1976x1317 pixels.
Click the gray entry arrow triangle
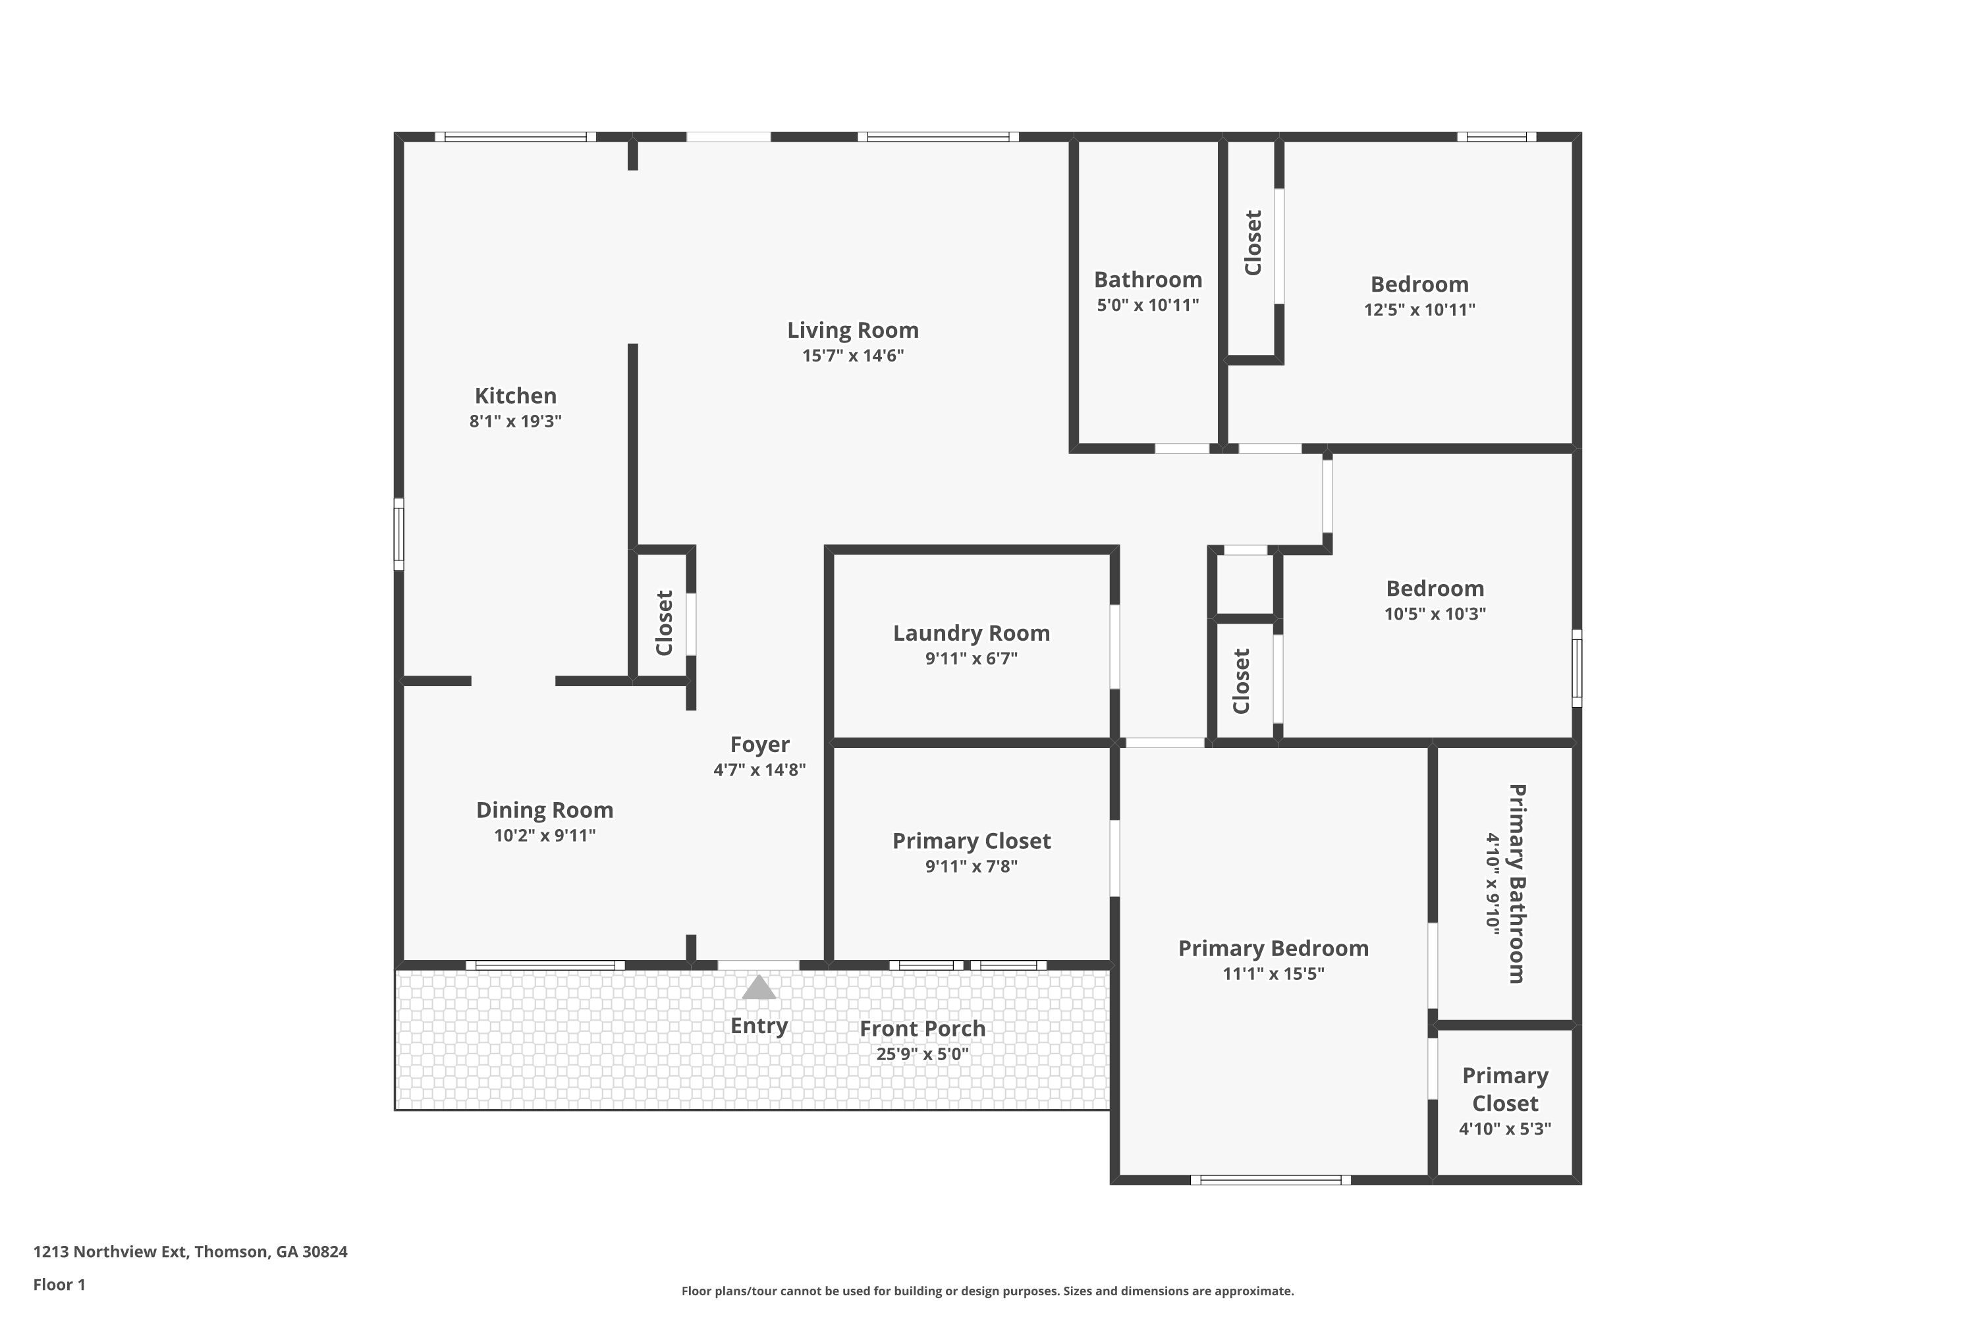click(x=759, y=987)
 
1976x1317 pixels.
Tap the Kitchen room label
click(x=515, y=396)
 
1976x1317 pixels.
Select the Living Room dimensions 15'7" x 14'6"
click(x=853, y=356)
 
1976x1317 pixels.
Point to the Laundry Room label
click(x=971, y=633)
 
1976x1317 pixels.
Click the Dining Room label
click(x=545, y=811)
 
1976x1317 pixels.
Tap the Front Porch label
click(x=923, y=1028)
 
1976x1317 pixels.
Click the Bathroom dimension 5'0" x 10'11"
click(x=1147, y=305)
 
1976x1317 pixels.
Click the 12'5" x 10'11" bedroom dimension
click(x=1419, y=310)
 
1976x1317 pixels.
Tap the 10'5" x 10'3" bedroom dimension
click(x=1435, y=614)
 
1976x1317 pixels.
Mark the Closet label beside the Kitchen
click(x=664, y=623)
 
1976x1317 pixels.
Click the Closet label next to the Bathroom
click(x=1253, y=243)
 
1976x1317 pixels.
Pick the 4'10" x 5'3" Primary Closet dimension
click(x=1504, y=1129)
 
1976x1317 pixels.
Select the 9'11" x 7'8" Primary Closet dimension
click(x=971, y=866)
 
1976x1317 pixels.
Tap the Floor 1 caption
click(x=59, y=1284)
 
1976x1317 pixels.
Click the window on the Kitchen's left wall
click(x=399, y=534)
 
